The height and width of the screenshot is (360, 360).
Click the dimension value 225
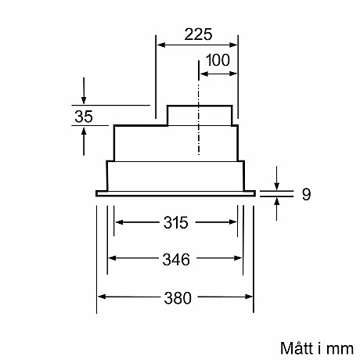[198, 35]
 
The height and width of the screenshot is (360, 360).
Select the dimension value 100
[219, 61]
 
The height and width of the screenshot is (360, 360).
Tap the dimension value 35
[84, 117]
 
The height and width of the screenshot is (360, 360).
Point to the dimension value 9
[306, 193]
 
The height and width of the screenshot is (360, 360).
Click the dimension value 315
[177, 223]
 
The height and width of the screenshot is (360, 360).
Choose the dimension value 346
[177, 259]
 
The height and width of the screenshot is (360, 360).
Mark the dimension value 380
[178, 297]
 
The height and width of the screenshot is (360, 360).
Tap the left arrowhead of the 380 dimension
[101, 297]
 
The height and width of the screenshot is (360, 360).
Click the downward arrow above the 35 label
[84, 99]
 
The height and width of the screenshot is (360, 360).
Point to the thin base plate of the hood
[177, 191]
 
